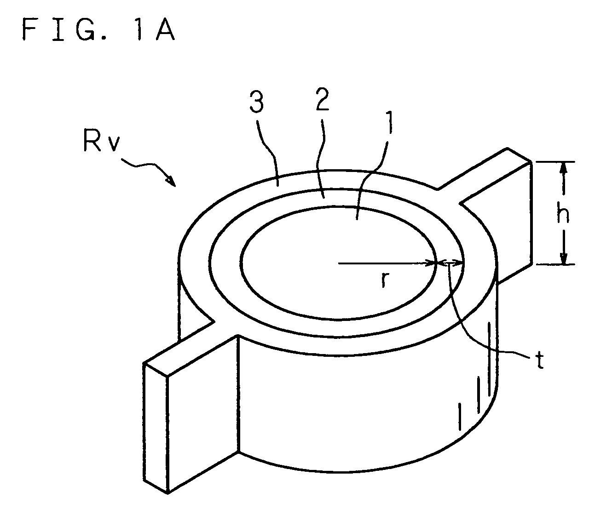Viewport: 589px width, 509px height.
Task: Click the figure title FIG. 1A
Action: [98, 29]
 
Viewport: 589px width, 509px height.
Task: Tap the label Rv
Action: [101, 141]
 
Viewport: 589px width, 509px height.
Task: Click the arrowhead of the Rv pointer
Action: [171, 181]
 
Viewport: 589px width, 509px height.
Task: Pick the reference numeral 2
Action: [322, 99]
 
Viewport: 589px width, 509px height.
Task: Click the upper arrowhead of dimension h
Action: [563, 168]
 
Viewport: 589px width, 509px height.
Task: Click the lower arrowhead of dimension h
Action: [563, 257]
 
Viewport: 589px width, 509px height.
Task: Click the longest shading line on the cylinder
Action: [489, 359]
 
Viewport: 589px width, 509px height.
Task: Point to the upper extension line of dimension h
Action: [555, 162]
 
